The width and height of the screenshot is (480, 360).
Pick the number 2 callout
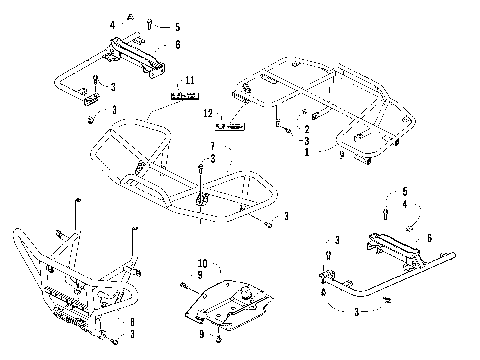click(306, 130)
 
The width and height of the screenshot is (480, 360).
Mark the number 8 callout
click(132, 320)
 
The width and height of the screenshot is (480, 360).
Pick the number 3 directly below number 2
click(306, 142)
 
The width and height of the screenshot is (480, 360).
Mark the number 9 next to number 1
click(343, 155)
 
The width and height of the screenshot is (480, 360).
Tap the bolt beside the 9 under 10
click(186, 287)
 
